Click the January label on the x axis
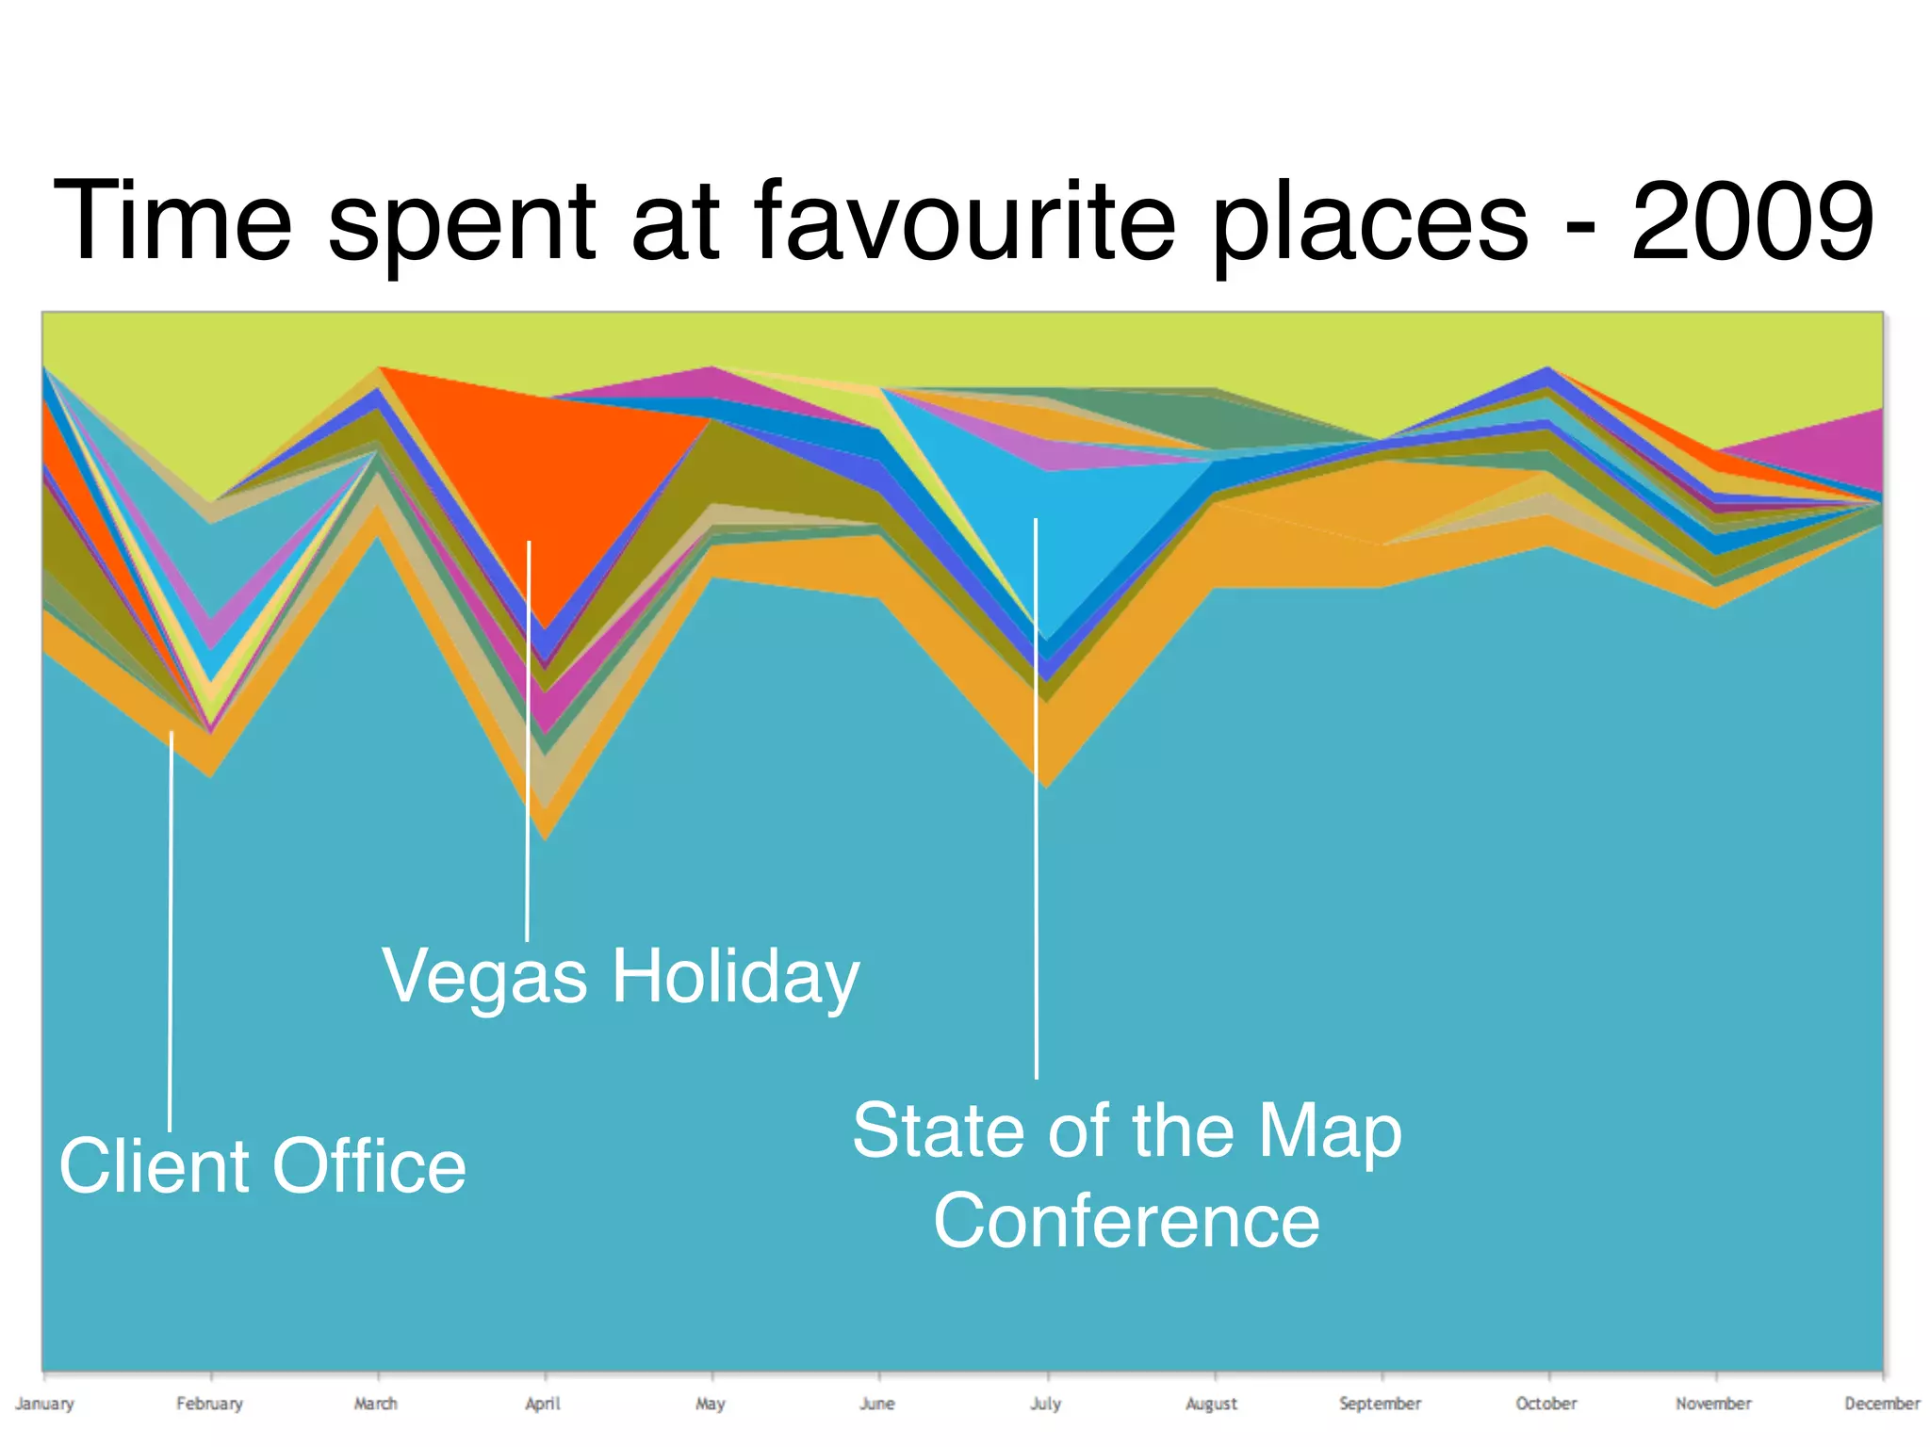44,1404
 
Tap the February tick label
209,1404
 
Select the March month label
375,1404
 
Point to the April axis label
543,1404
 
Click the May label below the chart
711,1404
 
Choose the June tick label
877,1404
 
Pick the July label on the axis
1045,1404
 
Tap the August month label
1212,1404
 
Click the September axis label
1380,1404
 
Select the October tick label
1546,1404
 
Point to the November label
1713,1404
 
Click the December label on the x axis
1881,1404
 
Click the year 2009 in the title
1752,221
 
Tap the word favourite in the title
965,221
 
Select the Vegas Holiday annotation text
620,977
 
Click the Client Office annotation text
262,1166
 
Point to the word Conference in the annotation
1126,1221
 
